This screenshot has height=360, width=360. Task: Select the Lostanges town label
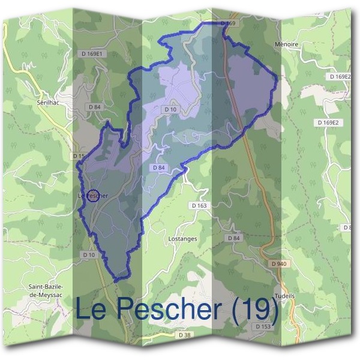[184, 238]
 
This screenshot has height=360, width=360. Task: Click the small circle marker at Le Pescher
[93, 195]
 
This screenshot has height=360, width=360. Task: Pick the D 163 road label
[199, 205]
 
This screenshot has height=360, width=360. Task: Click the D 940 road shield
[278, 263]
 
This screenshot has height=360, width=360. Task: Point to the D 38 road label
[184, 334]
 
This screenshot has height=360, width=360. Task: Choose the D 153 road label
[263, 326]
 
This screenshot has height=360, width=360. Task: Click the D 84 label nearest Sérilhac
[94, 107]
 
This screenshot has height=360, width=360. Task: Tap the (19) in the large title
[256, 310]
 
